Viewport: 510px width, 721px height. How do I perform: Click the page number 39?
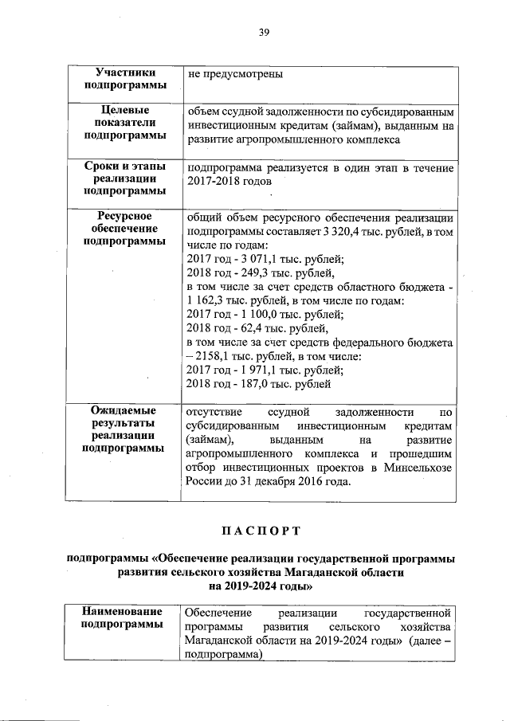coord(264,32)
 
